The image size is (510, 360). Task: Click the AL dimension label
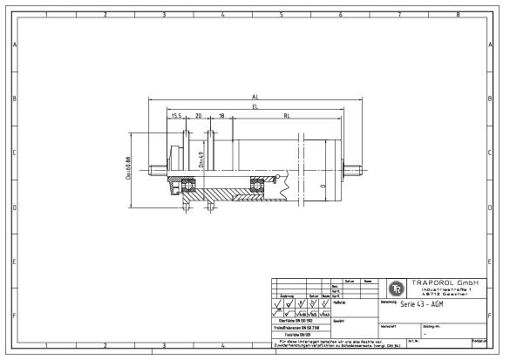coord(255,98)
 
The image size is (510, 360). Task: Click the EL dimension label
coord(255,106)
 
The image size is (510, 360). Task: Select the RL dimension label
coord(286,114)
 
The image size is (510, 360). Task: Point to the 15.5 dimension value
coord(176,114)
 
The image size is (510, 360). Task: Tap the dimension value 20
coord(198,114)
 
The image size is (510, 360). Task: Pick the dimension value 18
coord(221,114)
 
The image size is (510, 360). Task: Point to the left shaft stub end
coord(153,170)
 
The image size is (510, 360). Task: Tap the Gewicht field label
coord(339,321)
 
